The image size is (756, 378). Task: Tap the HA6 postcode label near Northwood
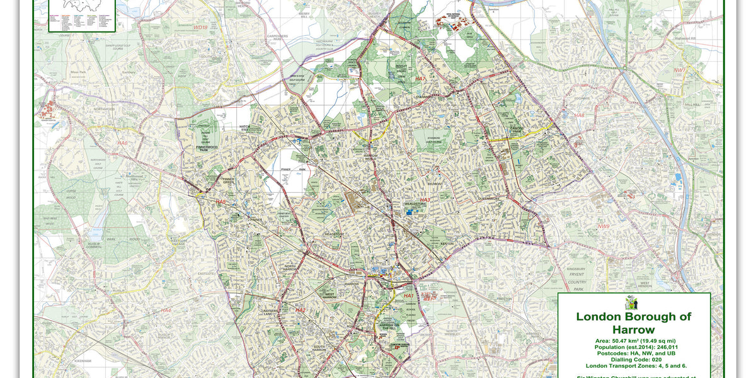point(122,144)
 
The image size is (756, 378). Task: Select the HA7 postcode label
point(420,79)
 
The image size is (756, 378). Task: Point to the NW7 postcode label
point(679,71)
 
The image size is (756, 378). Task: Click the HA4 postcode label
point(166,311)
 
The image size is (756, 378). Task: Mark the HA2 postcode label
point(301,310)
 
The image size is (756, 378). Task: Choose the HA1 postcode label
point(408,295)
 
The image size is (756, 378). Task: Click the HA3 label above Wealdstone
point(425,200)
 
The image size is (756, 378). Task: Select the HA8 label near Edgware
point(580,116)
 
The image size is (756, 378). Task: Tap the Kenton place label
point(447,243)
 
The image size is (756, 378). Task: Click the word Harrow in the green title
point(633,329)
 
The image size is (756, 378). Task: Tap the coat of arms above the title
point(633,303)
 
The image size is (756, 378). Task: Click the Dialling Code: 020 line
point(633,360)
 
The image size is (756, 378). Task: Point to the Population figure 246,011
point(656,347)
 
